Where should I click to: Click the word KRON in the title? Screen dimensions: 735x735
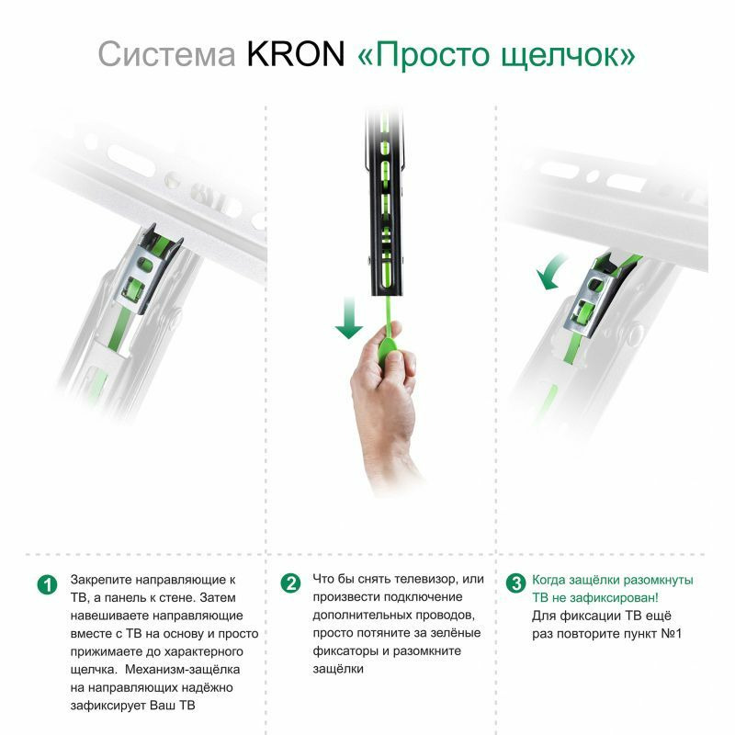coord(295,54)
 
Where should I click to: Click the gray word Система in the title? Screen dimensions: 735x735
coord(166,54)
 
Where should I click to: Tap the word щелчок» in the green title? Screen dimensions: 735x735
coord(568,56)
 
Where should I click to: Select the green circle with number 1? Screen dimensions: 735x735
coord(47,584)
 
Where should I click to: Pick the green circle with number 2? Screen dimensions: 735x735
coord(290,583)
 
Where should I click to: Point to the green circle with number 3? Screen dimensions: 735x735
coord(515,583)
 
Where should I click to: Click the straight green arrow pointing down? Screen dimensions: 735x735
coord(349,318)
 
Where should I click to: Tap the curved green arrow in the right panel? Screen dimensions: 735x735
coord(549,272)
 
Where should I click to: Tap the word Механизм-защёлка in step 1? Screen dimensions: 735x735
coord(182,670)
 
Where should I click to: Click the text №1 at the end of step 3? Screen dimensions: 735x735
coord(671,634)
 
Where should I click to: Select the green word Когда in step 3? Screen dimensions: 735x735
coord(548,581)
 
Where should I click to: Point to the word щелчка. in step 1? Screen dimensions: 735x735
coord(94,671)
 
